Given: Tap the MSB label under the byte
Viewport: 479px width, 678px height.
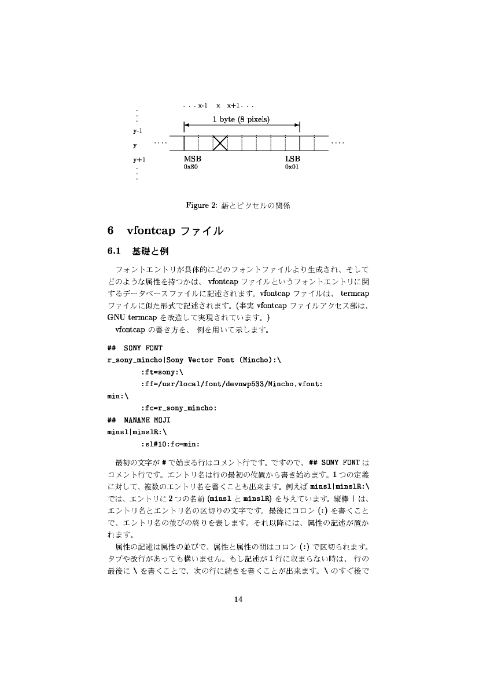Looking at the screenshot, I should click(193, 159).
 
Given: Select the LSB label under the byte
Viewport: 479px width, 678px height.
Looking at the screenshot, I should click(293, 159).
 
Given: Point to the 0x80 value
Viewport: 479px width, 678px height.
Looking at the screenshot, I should click(191, 167).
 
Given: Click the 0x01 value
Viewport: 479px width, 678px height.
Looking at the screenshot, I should click(292, 167).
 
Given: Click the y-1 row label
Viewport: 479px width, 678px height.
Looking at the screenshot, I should click(138, 131).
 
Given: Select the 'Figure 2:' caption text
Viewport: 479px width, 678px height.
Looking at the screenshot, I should click(200, 205).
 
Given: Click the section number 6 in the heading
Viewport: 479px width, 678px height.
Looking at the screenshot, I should click(110, 230).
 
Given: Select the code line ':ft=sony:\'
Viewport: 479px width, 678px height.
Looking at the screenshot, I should click(161, 372).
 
